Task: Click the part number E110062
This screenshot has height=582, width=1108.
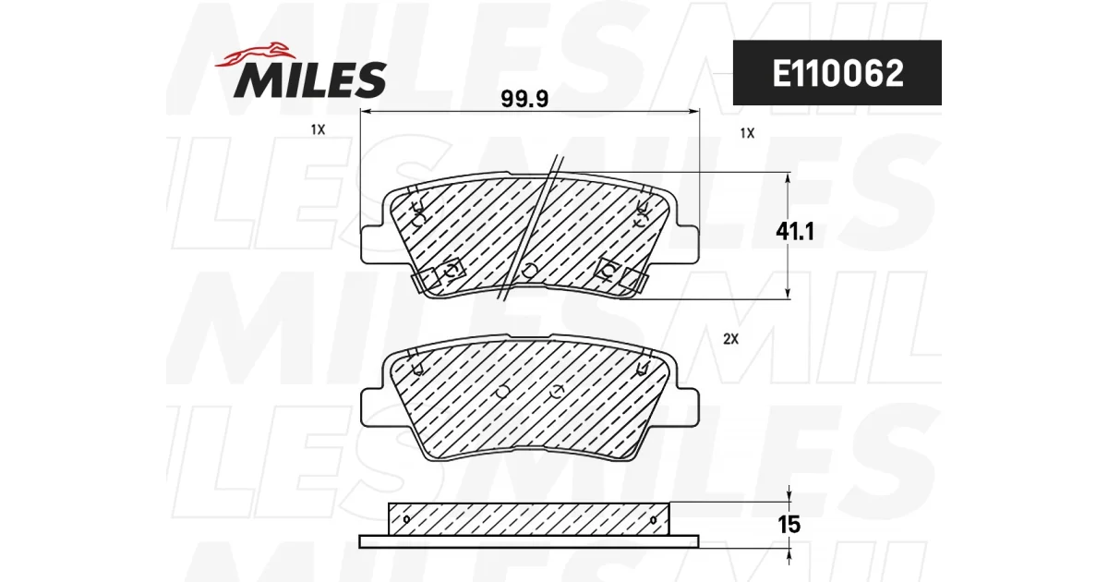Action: [838, 73]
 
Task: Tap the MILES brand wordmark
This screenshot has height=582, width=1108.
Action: [310, 79]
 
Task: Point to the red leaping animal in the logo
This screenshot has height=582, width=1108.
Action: [255, 55]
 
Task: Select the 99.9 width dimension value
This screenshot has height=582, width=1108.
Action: [524, 99]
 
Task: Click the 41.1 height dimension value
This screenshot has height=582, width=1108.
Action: [794, 231]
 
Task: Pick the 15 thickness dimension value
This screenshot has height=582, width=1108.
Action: [789, 525]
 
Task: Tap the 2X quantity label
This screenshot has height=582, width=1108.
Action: [730, 339]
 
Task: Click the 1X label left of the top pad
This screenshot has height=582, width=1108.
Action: [318, 129]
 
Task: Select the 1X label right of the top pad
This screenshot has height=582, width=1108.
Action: [747, 133]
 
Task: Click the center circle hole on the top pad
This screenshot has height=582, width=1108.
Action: [529, 270]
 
